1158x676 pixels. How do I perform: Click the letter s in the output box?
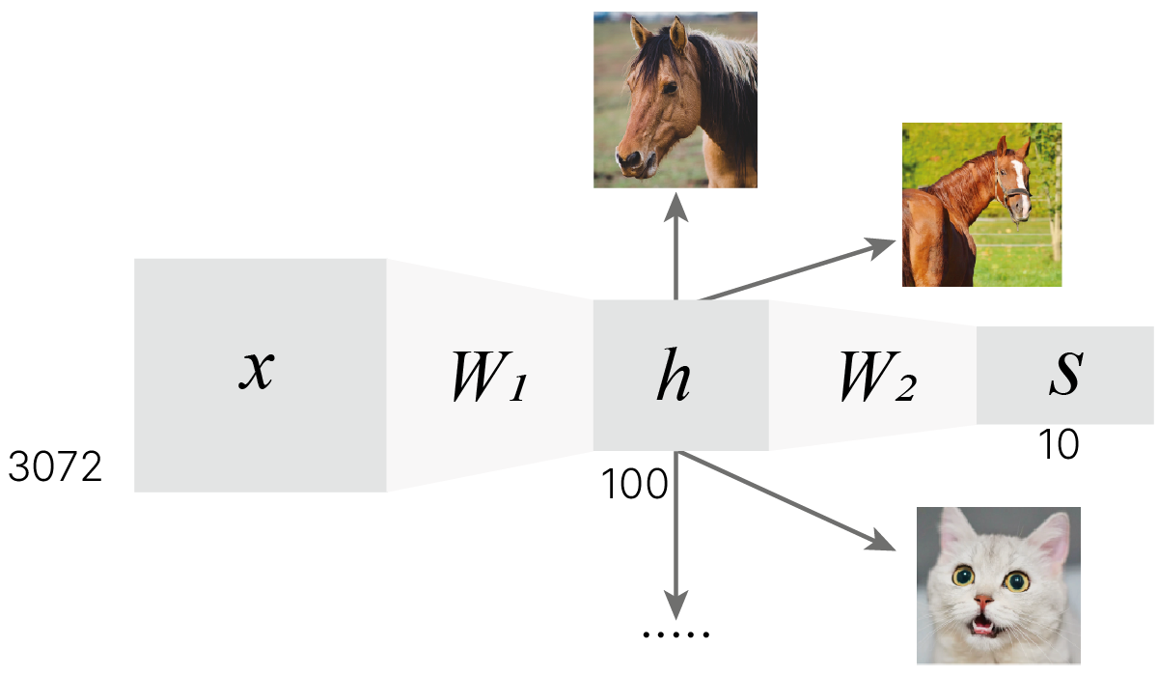tap(1064, 377)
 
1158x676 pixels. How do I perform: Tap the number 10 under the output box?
tap(1059, 445)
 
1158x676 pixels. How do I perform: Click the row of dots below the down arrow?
tap(675, 635)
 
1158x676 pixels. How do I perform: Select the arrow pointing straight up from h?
tap(675, 246)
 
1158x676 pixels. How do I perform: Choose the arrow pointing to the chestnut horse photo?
tap(801, 270)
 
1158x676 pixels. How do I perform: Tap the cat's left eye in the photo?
tap(963, 577)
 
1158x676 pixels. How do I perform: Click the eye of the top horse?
tap(669, 89)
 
